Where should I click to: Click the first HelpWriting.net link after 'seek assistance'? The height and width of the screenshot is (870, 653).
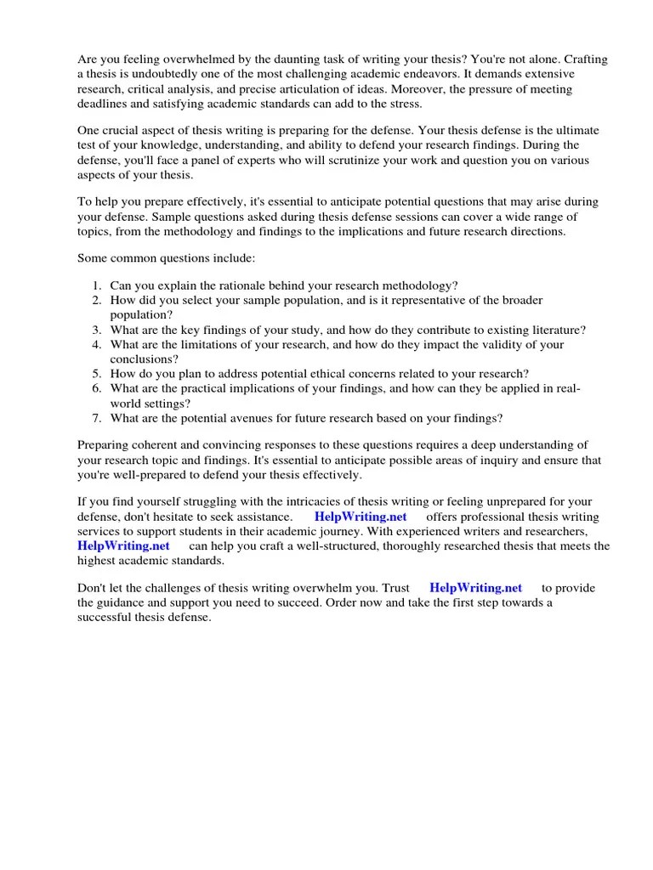[361, 517]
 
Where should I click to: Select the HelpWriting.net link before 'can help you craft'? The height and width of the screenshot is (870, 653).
[123, 545]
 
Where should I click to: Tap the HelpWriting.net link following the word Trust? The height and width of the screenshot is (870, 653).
[475, 588]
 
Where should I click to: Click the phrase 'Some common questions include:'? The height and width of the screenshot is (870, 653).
[166, 257]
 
